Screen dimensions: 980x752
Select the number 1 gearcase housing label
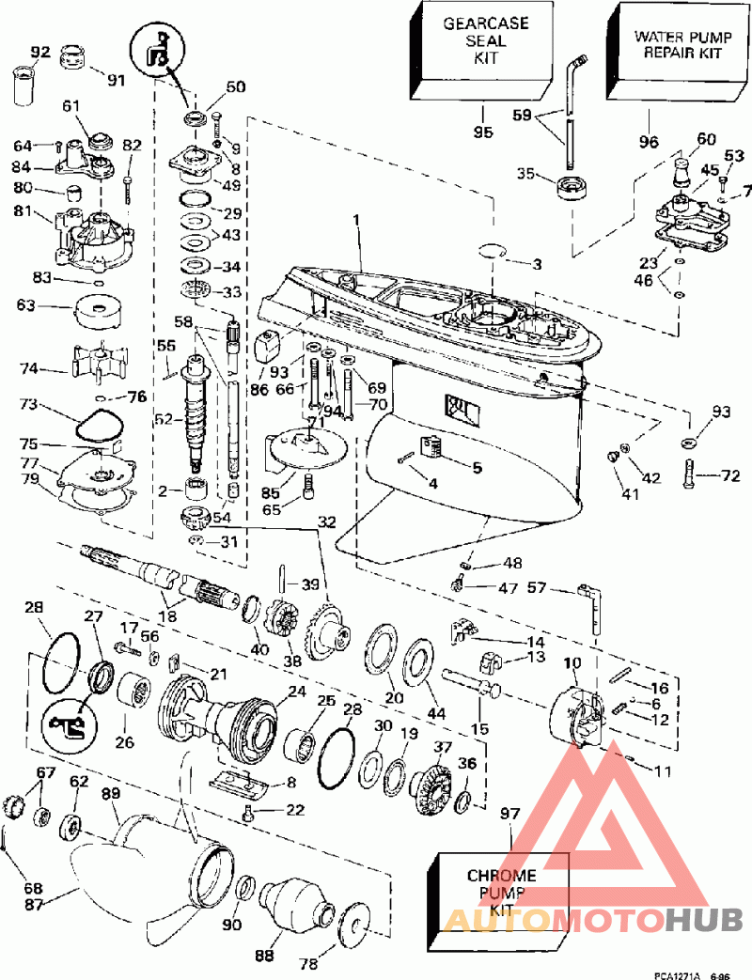[356, 220]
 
